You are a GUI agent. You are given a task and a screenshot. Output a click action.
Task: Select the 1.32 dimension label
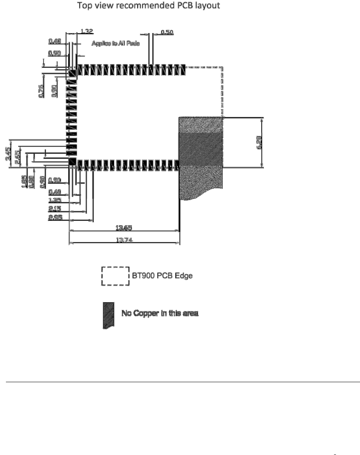coord(87,31)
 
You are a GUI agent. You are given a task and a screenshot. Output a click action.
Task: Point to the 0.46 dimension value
coord(54,41)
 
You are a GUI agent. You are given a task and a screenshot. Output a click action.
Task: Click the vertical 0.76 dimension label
coord(41,91)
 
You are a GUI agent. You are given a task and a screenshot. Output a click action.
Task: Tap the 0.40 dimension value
coord(55,192)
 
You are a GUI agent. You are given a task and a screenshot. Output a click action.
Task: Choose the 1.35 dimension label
coord(55,200)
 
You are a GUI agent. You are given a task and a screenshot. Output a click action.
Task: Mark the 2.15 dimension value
coord(55,208)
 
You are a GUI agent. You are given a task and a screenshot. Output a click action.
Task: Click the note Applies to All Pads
coord(116,43)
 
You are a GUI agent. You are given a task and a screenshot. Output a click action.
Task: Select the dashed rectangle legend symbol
coord(116,277)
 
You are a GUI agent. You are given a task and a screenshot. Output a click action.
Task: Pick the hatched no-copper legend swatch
coord(108,315)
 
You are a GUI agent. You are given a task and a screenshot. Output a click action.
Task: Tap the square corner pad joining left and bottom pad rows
coord(72,162)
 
